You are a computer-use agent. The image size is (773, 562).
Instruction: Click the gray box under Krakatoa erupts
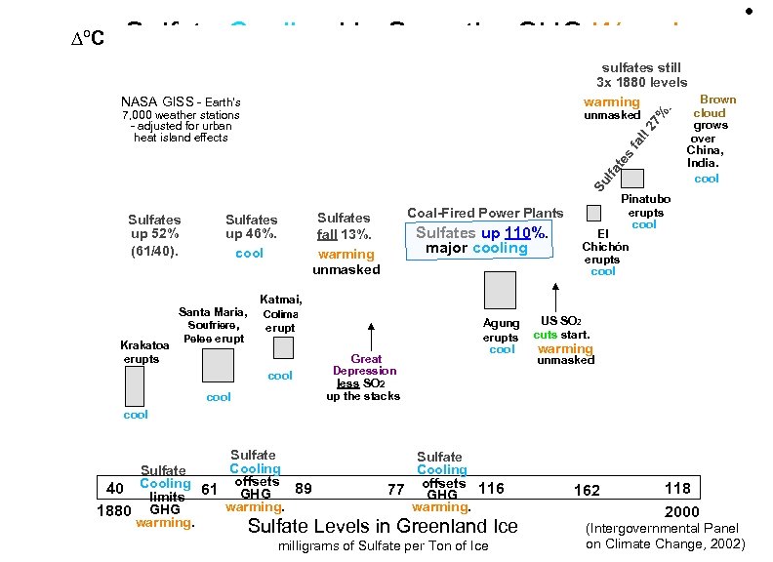pyautogui.click(x=135, y=385)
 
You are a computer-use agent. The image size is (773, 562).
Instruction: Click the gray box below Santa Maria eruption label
pyautogui.click(x=218, y=365)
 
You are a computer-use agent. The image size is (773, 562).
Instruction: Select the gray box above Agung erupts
pyautogui.click(x=500, y=290)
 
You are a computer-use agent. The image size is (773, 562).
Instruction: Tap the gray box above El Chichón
pyautogui.click(x=593, y=213)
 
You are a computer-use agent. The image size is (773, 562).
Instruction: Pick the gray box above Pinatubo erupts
pyautogui.click(x=632, y=178)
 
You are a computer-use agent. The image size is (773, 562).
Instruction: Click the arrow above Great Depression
pyautogui.click(x=370, y=334)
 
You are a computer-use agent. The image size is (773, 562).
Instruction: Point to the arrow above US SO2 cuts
pyautogui.click(x=554, y=297)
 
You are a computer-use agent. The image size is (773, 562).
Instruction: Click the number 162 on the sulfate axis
pyautogui.click(x=588, y=489)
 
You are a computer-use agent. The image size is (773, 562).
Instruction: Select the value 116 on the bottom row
pyautogui.click(x=492, y=488)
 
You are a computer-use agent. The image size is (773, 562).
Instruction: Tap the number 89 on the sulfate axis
pyautogui.click(x=303, y=488)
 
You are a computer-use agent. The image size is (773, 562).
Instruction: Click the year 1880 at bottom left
pyautogui.click(x=114, y=510)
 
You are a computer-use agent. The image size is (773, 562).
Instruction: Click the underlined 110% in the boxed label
pyautogui.click(x=527, y=233)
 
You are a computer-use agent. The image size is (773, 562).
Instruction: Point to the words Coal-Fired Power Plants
pyautogui.click(x=485, y=213)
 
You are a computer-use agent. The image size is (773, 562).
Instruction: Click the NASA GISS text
pyautogui.click(x=181, y=101)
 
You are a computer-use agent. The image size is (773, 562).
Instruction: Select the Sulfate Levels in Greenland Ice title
pyautogui.click(x=383, y=527)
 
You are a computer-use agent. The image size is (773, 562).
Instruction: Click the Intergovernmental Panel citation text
pyautogui.click(x=665, y=536)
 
